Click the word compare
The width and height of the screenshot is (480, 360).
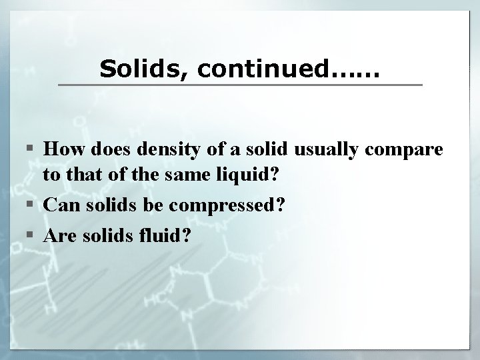click(x=409, y=151)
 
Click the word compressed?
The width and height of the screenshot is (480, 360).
click(x=226, y=205)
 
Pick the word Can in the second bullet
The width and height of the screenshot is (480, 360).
click(x=61, y=205)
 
